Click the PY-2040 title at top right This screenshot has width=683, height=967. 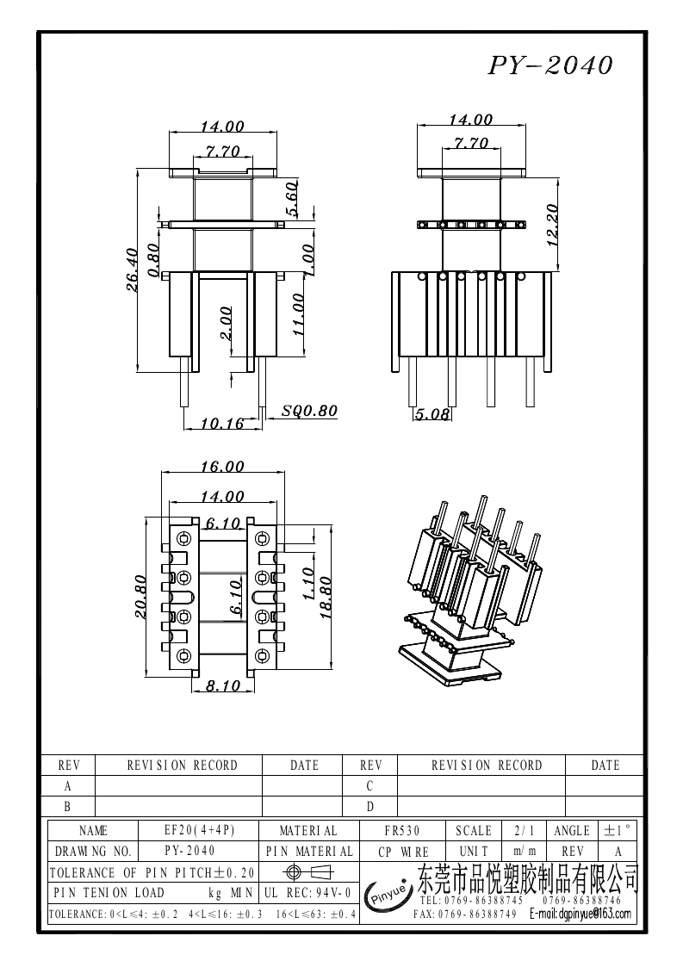[x=551, y=66]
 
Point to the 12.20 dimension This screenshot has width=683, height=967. [x=553, y=224]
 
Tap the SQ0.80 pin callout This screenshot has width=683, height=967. [x=309, y=411]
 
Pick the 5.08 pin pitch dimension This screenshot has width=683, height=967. [x=432, y=415]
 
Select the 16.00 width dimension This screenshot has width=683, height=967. [x=222, y=467]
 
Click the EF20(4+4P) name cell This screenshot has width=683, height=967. [x=199, y=831]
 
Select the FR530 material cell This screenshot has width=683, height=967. [x=401, y=831]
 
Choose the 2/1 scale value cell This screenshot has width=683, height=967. [x=524, y=831]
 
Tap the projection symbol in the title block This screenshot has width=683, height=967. [x=307, y=872]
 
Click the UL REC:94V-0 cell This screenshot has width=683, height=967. [x=307, y=893]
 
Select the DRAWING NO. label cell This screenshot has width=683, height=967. [x=93, y=852]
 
